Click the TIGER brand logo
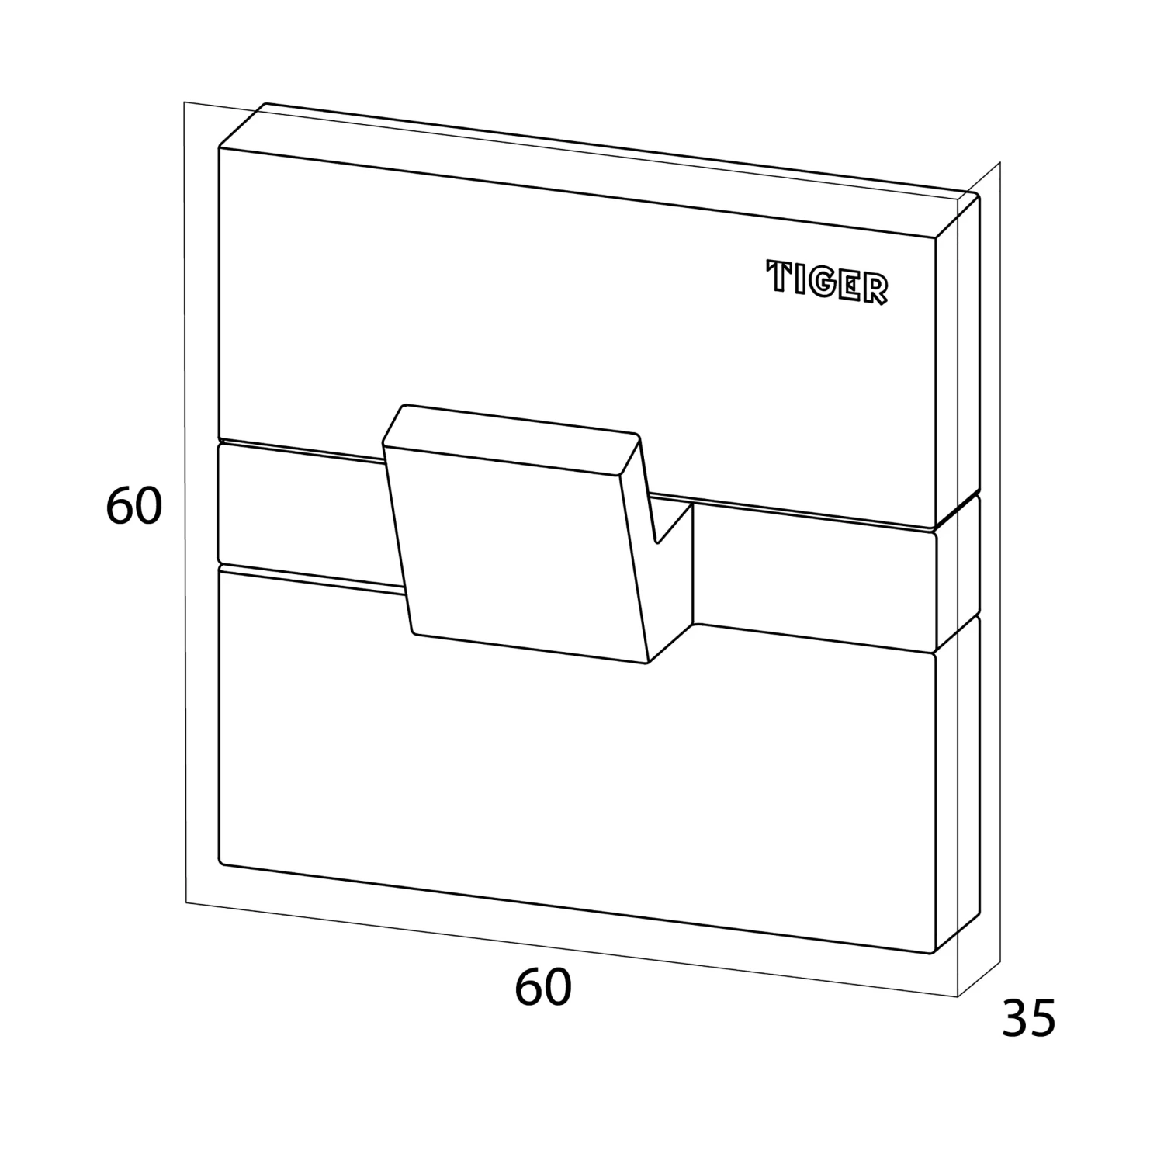[827, 282]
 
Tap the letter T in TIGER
[779, 275]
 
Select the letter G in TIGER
[825, 282]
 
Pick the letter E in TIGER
[852, 286]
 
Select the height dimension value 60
[133, 507]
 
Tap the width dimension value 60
[543, 988]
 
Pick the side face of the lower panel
[958, 784]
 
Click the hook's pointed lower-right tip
[649, 664]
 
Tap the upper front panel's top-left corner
[220, 147]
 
